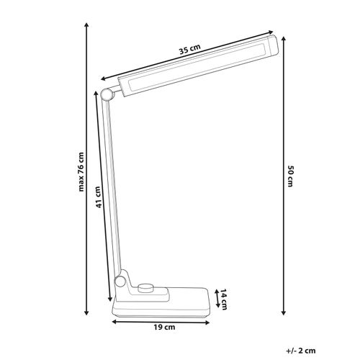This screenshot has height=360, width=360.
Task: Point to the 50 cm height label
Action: pos(290,176)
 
